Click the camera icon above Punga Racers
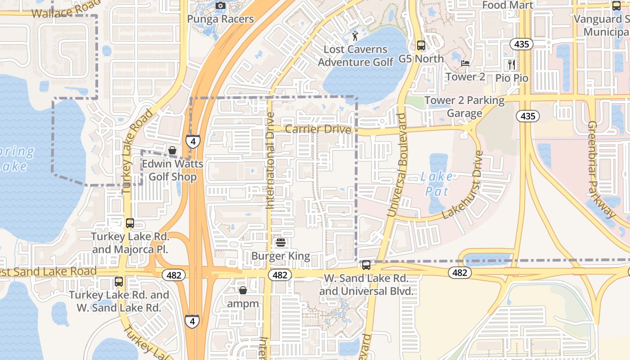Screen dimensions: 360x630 [x=220, y=6]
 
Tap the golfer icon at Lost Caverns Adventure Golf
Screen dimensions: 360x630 [x=355, y=36]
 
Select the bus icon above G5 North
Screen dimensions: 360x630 [x=421, y=45]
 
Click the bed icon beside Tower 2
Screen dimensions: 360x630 [x=465, y=63]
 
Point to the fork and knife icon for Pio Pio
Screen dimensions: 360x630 [x=512, y=64]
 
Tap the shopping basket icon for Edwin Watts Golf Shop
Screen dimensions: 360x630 [x=172, y=150]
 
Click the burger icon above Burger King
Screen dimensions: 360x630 [x=281, y=243]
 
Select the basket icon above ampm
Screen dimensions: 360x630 [x=243, y=290]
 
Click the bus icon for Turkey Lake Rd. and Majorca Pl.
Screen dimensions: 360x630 [x=130, y=223]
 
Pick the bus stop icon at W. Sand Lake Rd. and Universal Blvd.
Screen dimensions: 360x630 [x=366, y=265]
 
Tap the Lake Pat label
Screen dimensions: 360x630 [x=436, y=184]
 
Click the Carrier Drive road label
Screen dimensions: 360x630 [x=318, y=129]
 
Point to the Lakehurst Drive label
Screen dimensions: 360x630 [x=462, y=185]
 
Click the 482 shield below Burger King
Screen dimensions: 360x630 [x=279, y=274]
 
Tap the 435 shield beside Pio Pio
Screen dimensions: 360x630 [x=522, y=44]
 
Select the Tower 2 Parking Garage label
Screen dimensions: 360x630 [x=464, y=107]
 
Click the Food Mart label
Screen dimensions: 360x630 [x=507, y=5]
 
